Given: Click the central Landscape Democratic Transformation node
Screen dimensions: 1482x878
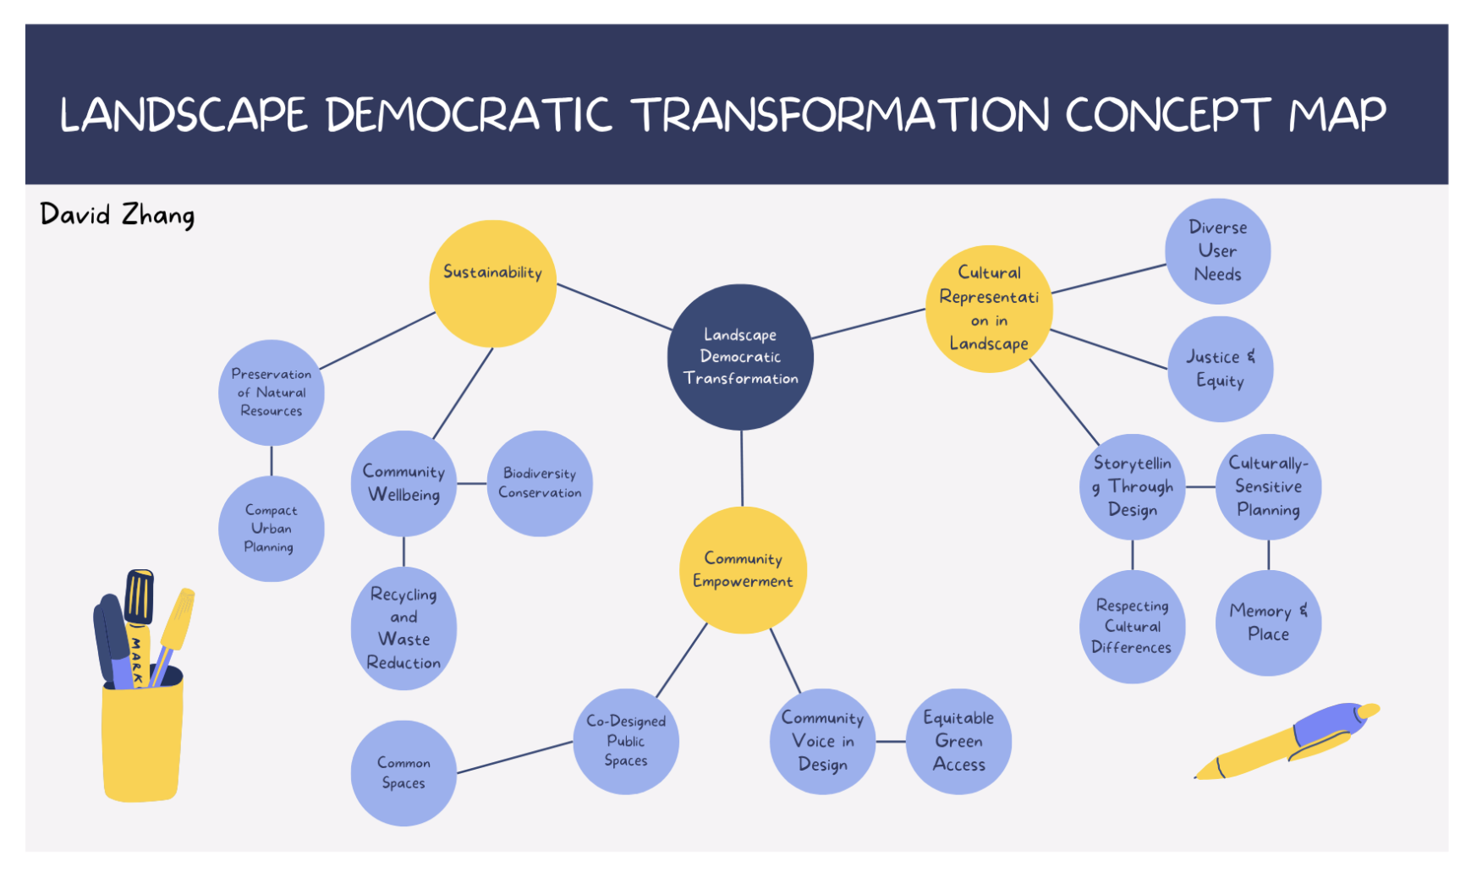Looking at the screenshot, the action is [740, 357].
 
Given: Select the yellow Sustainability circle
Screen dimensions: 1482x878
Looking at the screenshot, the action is [492, 283].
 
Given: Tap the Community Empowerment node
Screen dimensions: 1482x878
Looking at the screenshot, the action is [743, 569].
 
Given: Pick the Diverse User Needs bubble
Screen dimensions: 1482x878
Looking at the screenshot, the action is [1217, 251].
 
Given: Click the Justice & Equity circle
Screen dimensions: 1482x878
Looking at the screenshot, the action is [1220, 369].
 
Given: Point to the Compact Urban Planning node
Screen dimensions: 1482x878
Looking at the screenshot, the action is [271, 529].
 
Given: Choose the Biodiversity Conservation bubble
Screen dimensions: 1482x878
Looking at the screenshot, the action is [540, 483].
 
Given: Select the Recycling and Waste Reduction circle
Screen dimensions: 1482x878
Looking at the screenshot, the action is [403, 628].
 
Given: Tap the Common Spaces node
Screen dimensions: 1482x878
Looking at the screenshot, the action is [403, 773].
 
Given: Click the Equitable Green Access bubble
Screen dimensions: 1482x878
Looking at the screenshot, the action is [958, 741].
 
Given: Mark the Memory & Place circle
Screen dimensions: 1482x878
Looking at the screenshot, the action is [1268, 623].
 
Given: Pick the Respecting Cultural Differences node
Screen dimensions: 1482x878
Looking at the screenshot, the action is [1132, 627].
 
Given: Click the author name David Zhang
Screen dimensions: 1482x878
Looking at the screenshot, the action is [117, 215].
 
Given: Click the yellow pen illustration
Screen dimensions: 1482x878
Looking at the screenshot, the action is [1287, 740].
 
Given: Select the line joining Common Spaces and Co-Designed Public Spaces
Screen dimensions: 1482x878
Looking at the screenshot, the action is [514, 757].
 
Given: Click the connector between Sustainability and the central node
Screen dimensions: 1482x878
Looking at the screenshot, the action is [614, 306].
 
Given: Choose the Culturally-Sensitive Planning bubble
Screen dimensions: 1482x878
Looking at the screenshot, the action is [1268, 486].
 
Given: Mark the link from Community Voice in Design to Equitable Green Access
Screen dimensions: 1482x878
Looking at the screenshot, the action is [891, 741].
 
